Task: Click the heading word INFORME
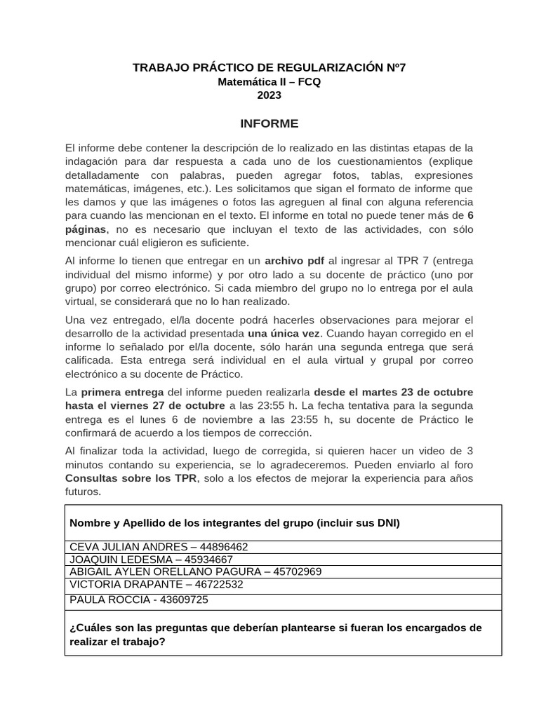click(x=269, y=124)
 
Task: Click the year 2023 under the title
click(x=269, y=95)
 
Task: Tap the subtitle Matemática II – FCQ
click(x=269, y=82)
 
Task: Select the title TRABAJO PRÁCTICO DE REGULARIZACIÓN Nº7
click(x=269, y=68)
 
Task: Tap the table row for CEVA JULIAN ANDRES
click(x=158, y=547)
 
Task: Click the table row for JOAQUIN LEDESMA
click(x=150, y=560)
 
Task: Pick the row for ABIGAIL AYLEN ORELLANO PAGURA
click(x=195, y=571)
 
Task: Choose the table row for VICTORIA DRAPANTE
click(x=156, y=584)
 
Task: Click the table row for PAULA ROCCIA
click(x=138, y=600)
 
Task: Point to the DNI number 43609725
click(x=185, y=600)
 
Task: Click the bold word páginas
click(x=86, y=229)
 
